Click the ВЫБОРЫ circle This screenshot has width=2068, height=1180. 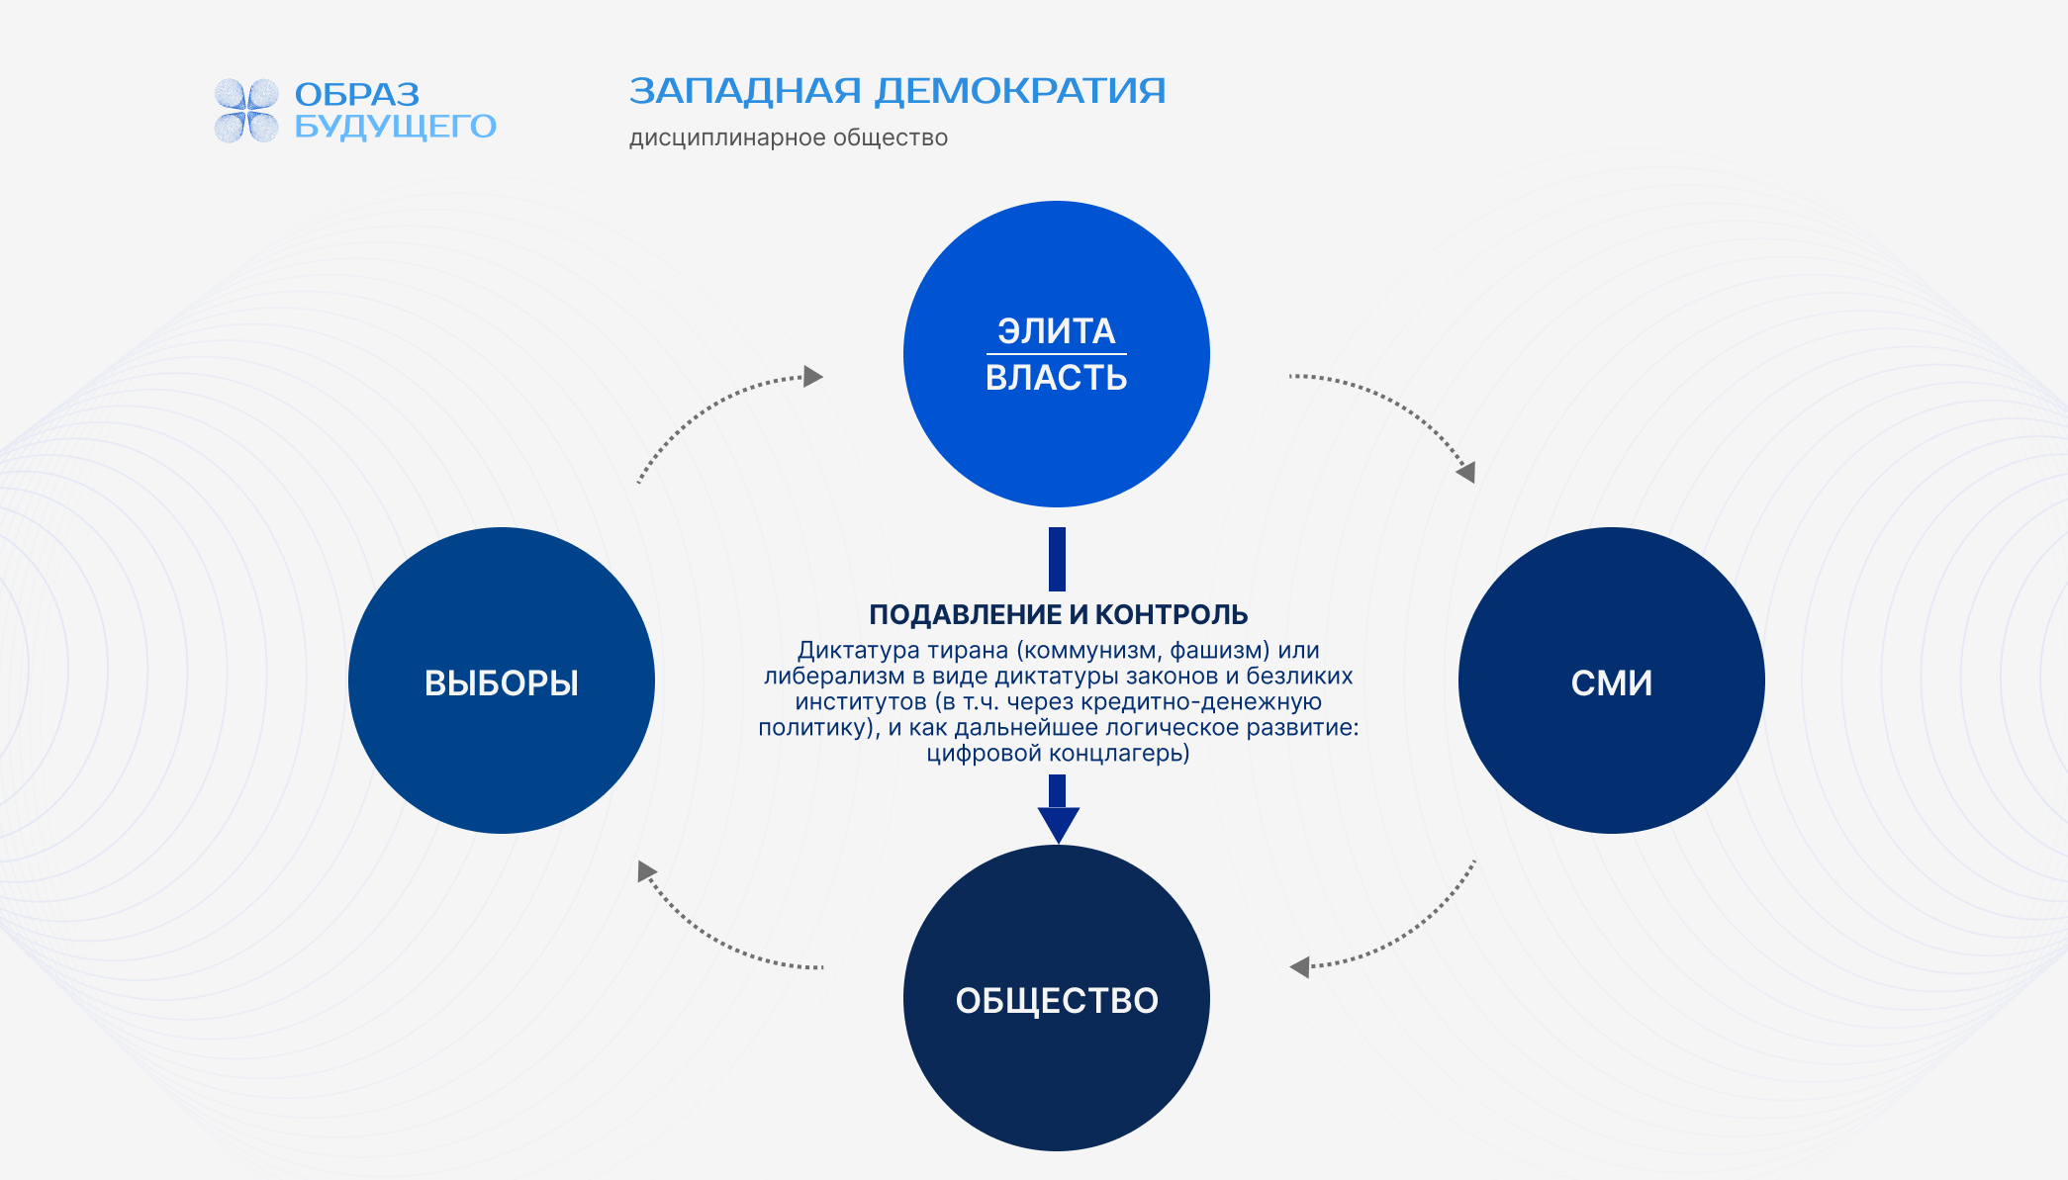click(502, 681)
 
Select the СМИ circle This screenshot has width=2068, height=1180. click(1611, 681)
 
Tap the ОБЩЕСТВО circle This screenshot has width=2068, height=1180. click(1057, 999)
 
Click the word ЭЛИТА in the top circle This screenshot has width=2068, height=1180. click(1057, 330)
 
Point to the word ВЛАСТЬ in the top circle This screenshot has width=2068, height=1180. click(1057, 378)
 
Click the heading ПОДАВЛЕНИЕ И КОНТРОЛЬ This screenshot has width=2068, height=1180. click(1058, 614)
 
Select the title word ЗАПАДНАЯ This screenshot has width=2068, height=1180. click(745, 91)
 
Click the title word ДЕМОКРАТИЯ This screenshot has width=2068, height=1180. click(1020, 91)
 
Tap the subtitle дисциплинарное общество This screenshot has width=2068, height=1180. click(788, 137)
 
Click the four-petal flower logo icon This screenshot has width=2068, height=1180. click(246, 110)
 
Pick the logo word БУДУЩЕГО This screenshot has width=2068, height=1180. click(395, 127)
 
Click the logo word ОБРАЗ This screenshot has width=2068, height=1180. click(357, 94)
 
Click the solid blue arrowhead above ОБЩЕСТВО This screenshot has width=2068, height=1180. click(1058, 824)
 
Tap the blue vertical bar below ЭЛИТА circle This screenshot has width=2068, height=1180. click(1057, 559)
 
